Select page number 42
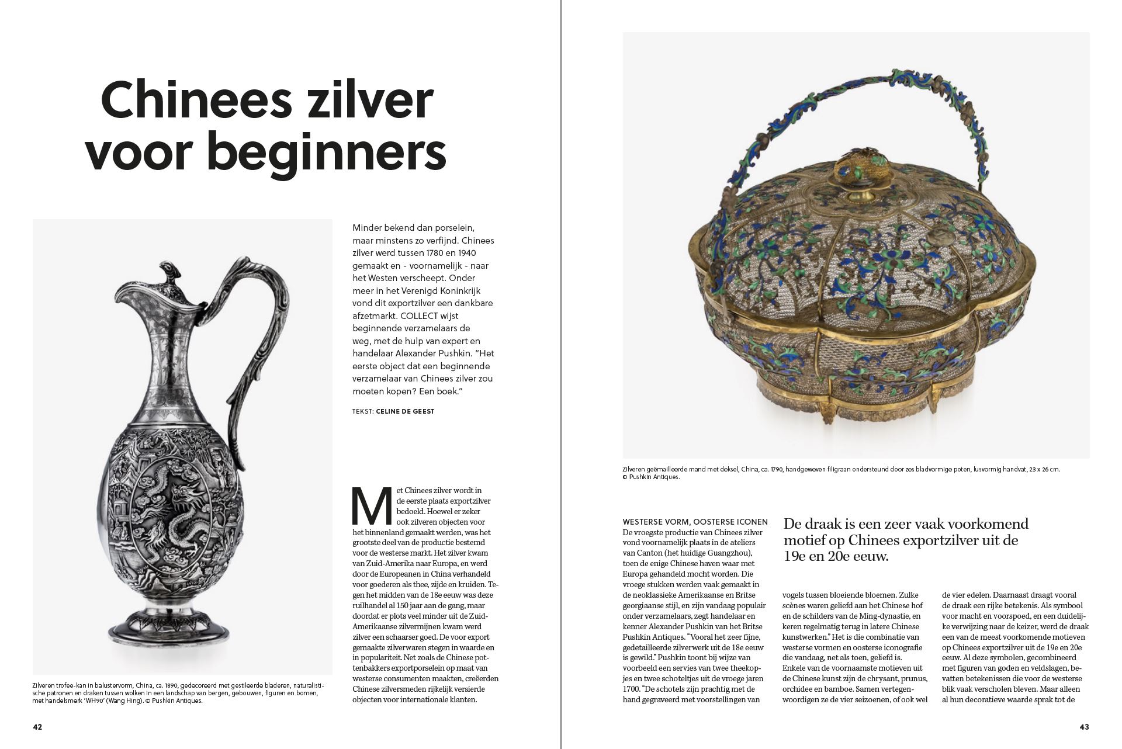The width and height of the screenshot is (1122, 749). pos(37,727)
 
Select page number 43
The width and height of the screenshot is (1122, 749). pos(1084,727)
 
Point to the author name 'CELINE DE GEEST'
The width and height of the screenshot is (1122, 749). pos(405,411)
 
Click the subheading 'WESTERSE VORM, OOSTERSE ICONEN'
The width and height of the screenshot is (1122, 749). pos(695,522)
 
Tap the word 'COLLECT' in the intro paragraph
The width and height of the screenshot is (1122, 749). pos(415,315)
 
